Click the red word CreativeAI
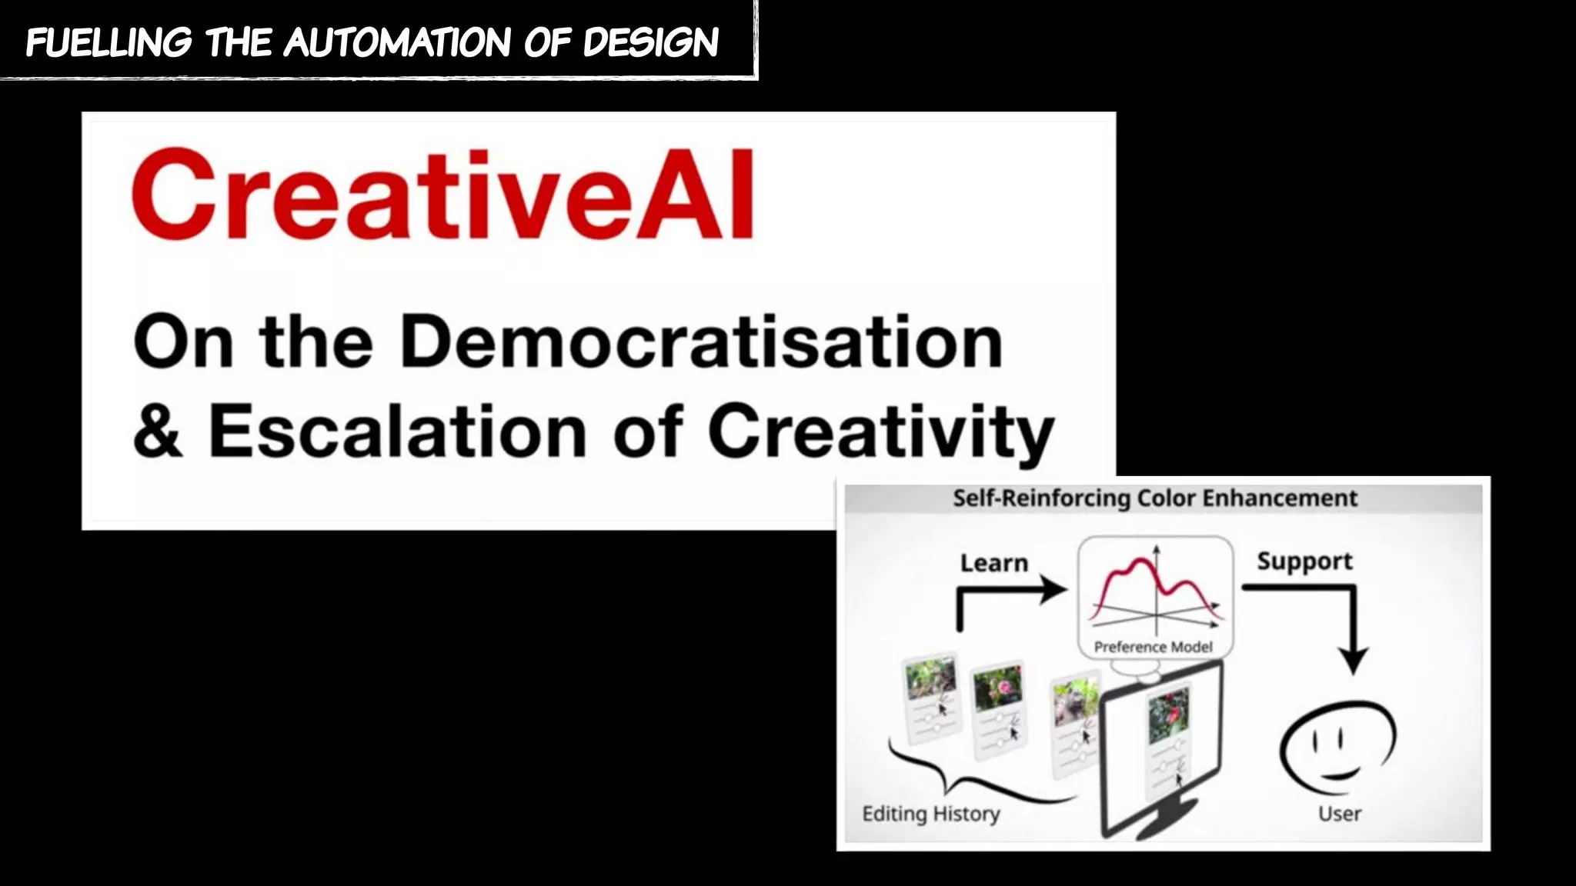pos(442,195)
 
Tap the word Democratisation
pos(701,342)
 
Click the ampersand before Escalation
pos(158,431)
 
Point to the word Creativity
pos(880,431)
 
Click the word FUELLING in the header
pos(109,42)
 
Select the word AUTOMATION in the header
pos(397,42)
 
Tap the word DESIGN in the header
pos(651,42)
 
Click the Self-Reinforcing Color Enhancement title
pos(1155,498)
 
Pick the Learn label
pos(993,563)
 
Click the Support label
pos(1304,561)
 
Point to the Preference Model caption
pos(1153,647)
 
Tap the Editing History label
pos(931,814)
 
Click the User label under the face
pos(1339,814)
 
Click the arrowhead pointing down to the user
pos(1353,660)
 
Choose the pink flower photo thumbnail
pos(998,686)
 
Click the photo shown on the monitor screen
pos(1168,715)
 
